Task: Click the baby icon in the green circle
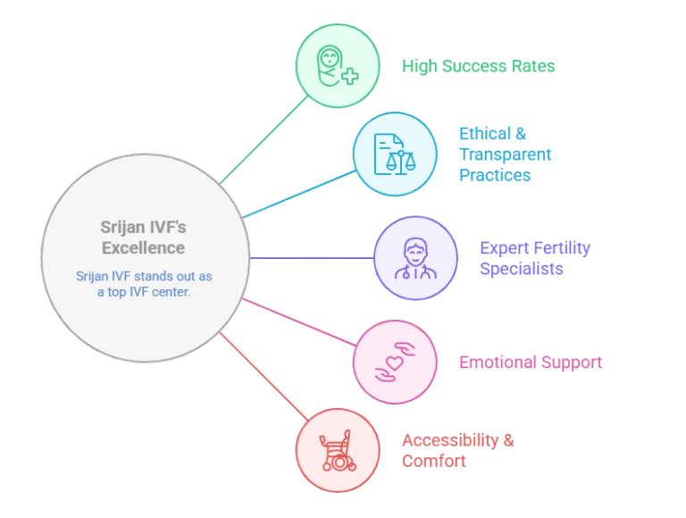(x=330, y=65)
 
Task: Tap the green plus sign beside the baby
(x=349, y=76)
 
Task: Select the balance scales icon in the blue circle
(x=401, y=161)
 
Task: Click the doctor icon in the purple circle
(x=415, y=258)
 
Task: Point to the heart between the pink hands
(x=394, y=363)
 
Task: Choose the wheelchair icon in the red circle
(x=338, y=450)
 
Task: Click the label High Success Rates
(x=478, y=66)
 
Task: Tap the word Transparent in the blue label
(x=505, y=155)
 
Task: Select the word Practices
(x=495, y=175)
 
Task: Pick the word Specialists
(x=522, y=269)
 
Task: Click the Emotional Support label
(x=531, y=363)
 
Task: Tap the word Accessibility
(x=450, y=440)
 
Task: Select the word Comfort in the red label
(x=433, y=461)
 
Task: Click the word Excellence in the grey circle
(x=144, y=248)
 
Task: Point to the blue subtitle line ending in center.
(x=144, y=292)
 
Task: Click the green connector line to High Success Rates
(x=264, y=140)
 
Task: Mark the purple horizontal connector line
(x=312, y=258)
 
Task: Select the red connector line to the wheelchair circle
(x=264, y=376)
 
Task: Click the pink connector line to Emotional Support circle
(x=299, y=322)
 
